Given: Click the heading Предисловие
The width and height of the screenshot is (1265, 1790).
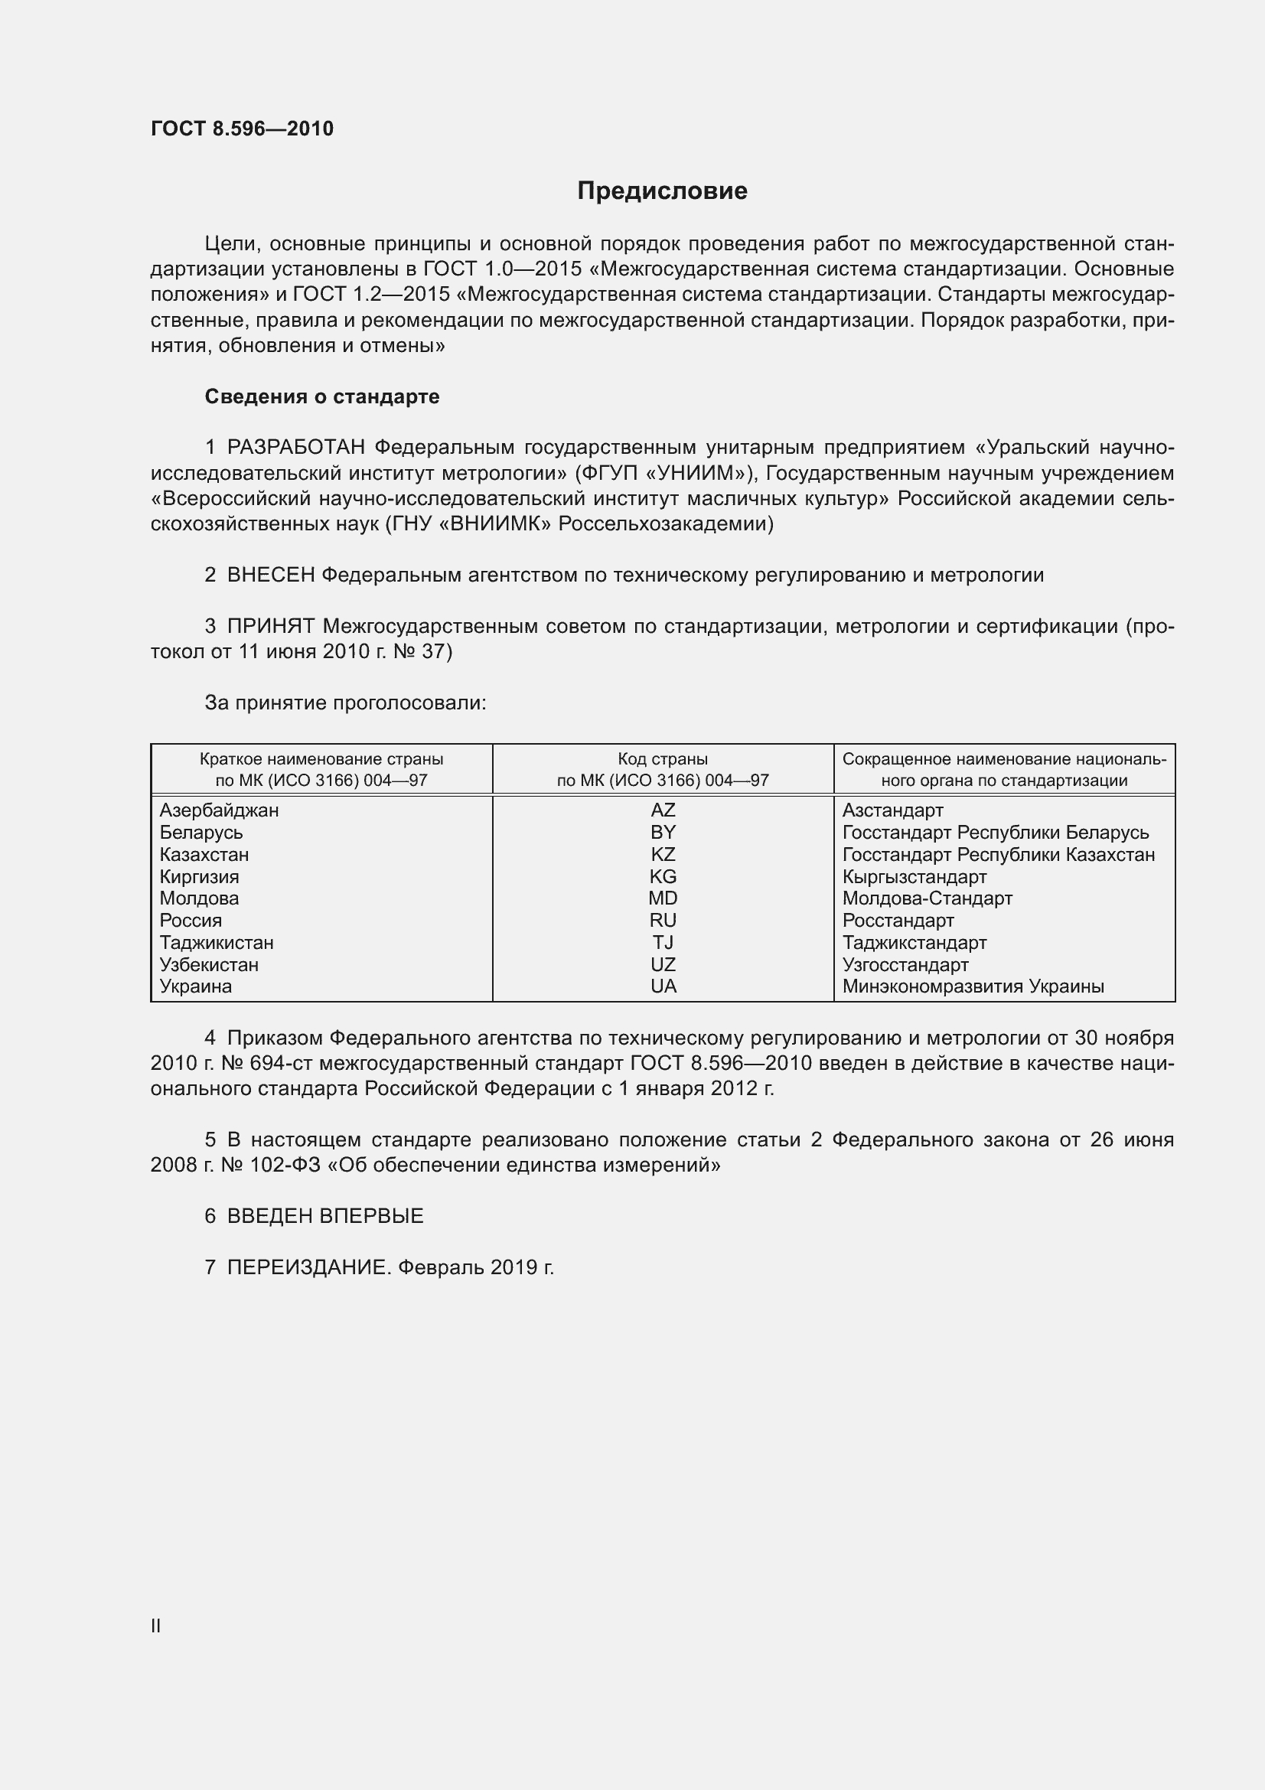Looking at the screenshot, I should [662, 191].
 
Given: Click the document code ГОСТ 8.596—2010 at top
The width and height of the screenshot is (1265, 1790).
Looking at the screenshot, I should [242, 129].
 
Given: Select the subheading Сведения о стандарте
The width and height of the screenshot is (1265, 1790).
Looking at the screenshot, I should [322, 397].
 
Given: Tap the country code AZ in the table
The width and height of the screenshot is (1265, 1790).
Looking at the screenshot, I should [663, 810].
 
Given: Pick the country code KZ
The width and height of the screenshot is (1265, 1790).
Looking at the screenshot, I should [663, 855].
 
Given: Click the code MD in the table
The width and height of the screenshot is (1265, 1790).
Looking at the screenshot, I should [663, 898].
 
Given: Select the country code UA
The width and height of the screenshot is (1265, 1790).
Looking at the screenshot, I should [663, 986].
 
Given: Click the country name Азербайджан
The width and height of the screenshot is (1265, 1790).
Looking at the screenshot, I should [219, 810].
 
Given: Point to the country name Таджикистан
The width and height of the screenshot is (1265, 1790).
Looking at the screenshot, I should [217, 943].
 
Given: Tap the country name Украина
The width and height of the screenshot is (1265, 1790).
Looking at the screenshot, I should [196, 986].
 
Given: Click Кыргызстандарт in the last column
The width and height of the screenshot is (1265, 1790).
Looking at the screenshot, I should [915, 876].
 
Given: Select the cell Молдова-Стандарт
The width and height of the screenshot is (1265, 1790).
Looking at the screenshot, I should [927, 898].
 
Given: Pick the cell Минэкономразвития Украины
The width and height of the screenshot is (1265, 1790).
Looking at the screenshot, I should [973, 986].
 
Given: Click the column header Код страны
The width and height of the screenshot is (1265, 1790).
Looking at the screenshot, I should [663, 758].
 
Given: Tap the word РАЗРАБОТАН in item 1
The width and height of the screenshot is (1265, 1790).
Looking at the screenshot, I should [295, 448].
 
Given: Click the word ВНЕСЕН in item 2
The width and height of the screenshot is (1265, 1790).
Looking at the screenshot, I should [270, 575].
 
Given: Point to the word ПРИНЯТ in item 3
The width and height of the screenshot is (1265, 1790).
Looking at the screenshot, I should [270, 626].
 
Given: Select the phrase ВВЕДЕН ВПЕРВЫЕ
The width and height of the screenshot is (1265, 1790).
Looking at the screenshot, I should [325, 1216].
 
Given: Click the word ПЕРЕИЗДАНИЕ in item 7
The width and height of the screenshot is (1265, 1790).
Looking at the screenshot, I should [307, 1267].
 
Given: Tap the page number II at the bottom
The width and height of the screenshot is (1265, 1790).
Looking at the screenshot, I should [156, 1625].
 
